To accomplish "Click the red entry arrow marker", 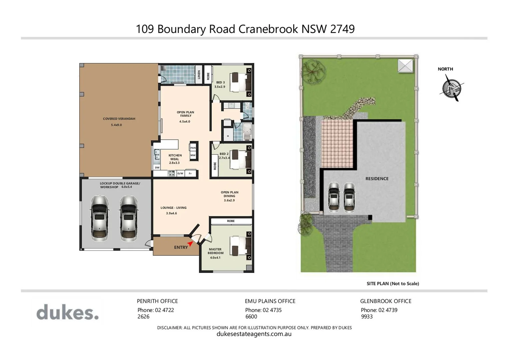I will point(190,244).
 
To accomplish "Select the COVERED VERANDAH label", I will point(119,119).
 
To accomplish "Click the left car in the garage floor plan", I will point(99,218).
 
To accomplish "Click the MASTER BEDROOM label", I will point(216,251).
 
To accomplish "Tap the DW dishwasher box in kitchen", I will point(157,168).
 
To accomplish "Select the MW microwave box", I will point(193,155).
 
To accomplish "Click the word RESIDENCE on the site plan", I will point(377,179).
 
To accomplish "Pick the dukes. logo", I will point(68,313).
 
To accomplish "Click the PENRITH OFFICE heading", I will point(157,301).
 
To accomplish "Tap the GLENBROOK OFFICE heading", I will point(385,301).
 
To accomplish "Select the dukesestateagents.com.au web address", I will point(254,334).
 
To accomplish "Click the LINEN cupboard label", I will point(199,74).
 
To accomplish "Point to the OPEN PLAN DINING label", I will point(229,194).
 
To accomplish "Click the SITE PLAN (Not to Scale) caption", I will point(393,284).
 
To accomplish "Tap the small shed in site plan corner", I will point(405,66).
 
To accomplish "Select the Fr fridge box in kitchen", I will point(190,174).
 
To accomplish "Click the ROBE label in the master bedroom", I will point(231,221).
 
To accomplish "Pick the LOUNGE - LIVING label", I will point(173,208).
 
